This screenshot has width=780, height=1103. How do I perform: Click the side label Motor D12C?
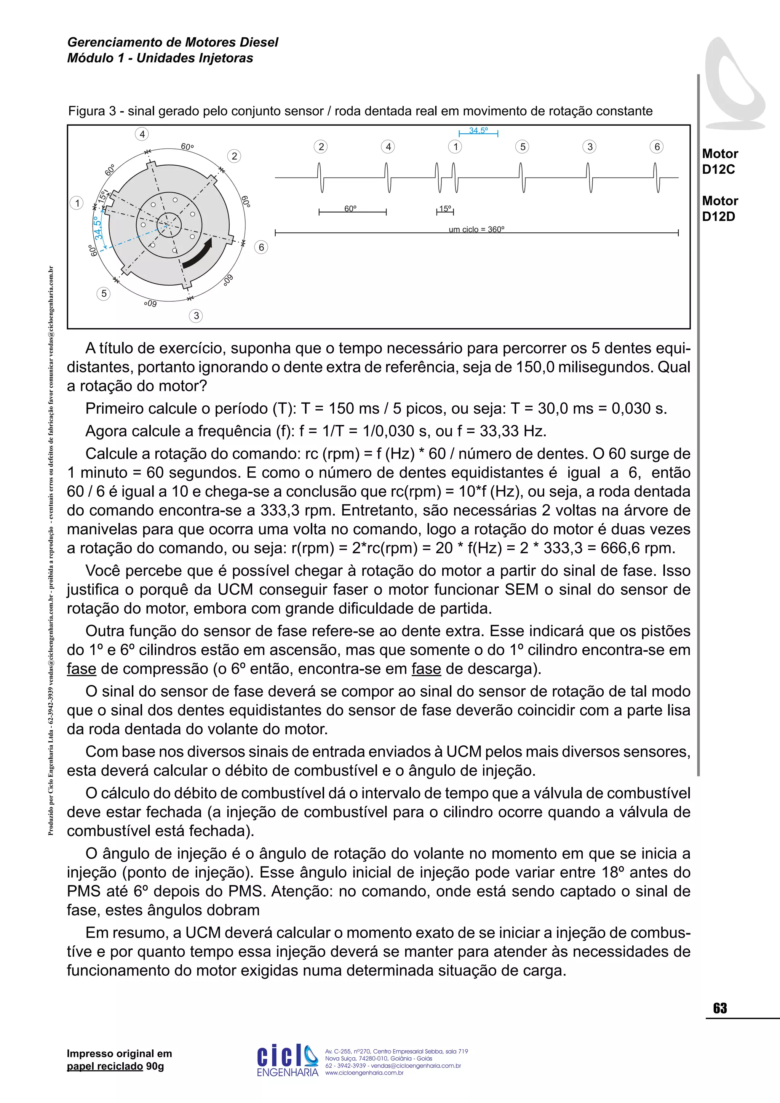[x=719, y=161]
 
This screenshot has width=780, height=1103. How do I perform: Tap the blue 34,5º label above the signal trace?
[x=478, y=131]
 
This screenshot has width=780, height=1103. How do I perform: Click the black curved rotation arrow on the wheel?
[x=197, y=254]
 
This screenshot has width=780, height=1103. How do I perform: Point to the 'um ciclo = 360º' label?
[x=476, y=230]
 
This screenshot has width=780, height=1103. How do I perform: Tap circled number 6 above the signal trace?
[x=657, y=147]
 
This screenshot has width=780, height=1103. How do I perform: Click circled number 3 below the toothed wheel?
[x=196, y=316]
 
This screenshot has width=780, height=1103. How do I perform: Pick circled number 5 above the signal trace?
[x=523, y=147]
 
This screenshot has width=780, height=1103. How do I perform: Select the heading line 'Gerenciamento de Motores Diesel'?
[x=173, y=42]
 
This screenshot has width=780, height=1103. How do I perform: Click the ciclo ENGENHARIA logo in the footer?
[x=287, y=1061]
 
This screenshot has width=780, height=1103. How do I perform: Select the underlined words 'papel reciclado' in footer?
[x=105, y=1066]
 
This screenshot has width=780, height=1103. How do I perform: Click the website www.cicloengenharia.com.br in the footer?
[x=364, y=1073]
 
